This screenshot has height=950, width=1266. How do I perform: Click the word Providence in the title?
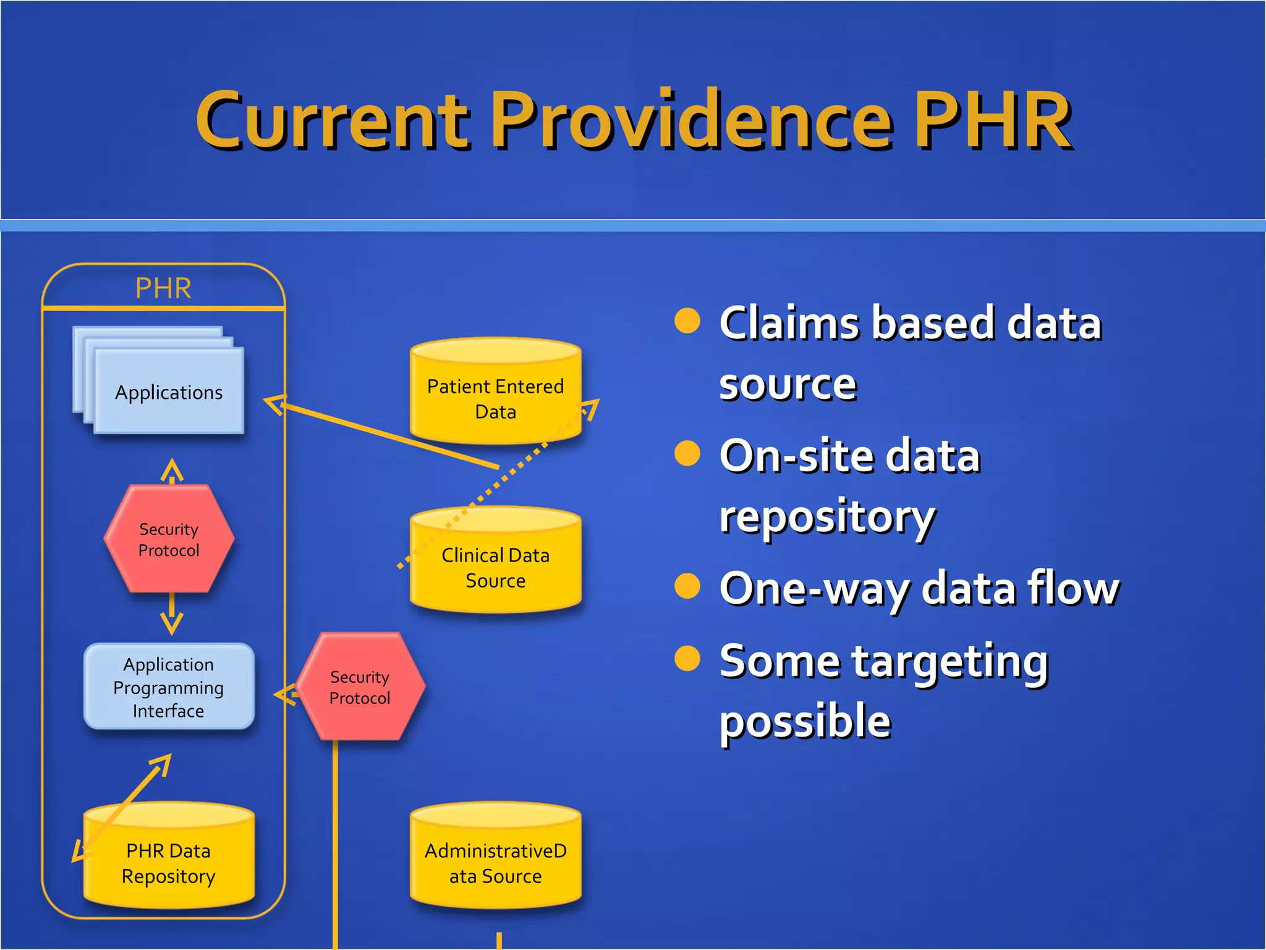[692, 121]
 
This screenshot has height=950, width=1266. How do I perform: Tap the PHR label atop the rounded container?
[163, 288]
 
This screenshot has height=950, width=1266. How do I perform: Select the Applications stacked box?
[169, 392]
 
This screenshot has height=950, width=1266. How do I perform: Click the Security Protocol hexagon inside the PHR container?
[169, 539]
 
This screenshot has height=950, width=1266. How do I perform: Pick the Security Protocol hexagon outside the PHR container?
[360, 687]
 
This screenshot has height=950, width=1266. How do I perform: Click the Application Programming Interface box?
[169, 687]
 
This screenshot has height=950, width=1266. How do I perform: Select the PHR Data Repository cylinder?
[169, 863]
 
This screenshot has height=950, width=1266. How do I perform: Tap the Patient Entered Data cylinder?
[495, 398]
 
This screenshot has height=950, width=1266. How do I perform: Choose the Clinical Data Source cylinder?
[495, 567]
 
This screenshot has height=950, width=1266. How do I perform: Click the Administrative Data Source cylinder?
[495, 863]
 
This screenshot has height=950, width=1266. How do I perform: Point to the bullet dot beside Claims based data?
[687, 320]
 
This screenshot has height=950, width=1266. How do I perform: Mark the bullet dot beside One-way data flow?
[687, 586]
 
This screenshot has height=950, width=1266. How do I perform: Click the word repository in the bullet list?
[826, 517]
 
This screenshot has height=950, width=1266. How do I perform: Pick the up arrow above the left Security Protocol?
[172, 470]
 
